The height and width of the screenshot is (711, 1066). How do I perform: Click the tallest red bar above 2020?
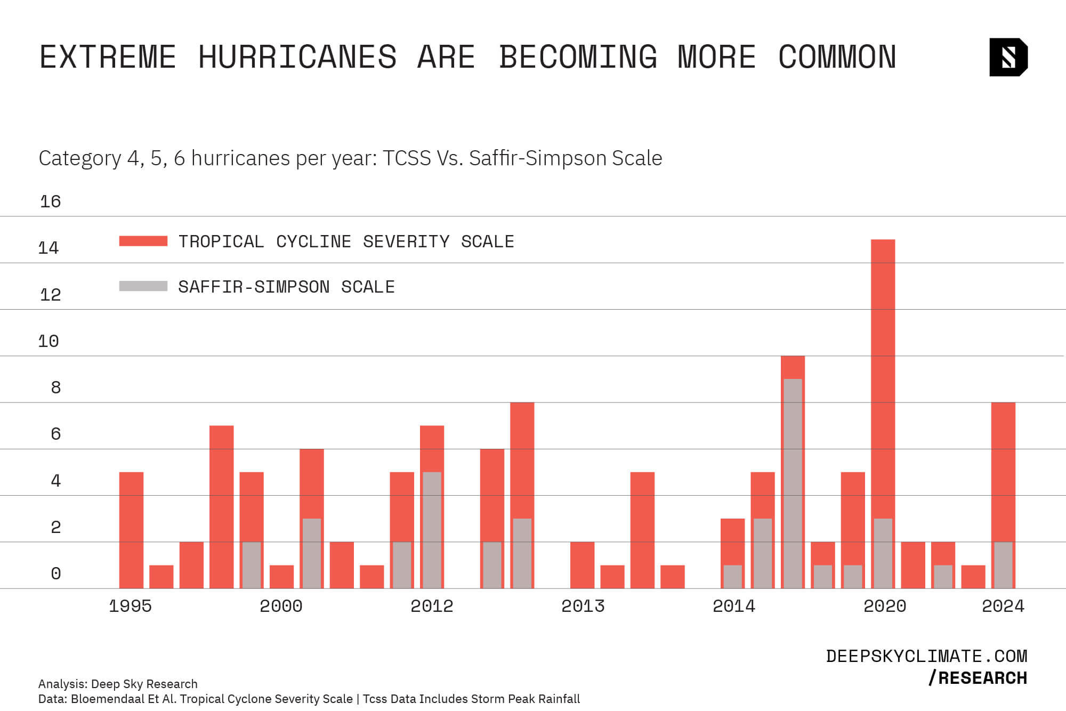point(883,373)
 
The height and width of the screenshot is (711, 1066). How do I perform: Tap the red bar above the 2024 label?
point(1003,469)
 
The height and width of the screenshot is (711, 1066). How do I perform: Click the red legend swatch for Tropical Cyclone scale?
point(143,241)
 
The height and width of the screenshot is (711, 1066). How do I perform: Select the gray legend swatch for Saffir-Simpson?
point(143,286)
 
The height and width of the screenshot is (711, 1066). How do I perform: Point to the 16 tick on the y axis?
point(51,201)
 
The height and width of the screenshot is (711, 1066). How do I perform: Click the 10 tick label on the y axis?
point(49,341)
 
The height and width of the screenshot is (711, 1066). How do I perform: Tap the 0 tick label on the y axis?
point(55,573)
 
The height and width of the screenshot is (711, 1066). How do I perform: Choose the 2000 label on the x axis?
point(281,606)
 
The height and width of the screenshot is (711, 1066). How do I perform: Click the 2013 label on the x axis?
point(583,606)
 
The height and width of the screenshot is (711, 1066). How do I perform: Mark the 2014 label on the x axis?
point(733,606)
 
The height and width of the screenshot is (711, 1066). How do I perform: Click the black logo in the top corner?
point(1008,57)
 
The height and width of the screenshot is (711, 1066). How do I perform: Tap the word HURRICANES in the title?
point(297,57)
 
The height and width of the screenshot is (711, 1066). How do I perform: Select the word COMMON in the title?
point(837,57)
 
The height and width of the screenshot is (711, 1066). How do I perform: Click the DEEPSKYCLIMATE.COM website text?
point(926,656)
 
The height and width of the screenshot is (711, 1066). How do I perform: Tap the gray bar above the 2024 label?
point(1003,565)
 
